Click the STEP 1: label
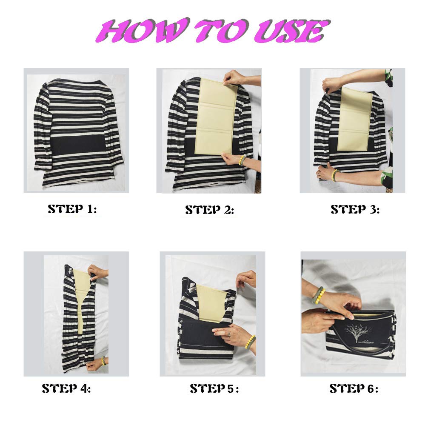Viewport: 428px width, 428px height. pos(72,209)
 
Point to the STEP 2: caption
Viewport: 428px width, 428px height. pos(209,210)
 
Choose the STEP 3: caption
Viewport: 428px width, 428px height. pos(355,209)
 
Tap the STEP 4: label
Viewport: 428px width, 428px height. pos(66,388)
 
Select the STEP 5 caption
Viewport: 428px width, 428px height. pos(214,388)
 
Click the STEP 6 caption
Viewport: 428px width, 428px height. pos(354,388)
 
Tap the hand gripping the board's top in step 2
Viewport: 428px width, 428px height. pos(234,78)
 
